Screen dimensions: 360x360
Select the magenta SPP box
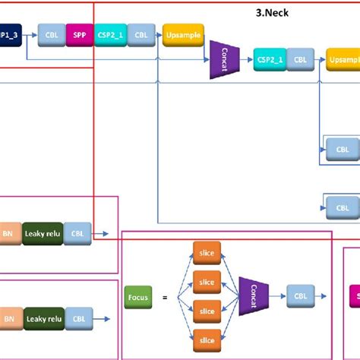[80, 34]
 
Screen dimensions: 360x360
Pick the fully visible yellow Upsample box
[182, 34]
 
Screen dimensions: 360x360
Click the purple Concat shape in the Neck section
[224, 60]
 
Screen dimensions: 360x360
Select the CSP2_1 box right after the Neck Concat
[270, 58]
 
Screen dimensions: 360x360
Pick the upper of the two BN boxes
[8, 233]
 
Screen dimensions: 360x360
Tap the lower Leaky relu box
[45, 317]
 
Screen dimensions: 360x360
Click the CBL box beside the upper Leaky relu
[79, 233]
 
